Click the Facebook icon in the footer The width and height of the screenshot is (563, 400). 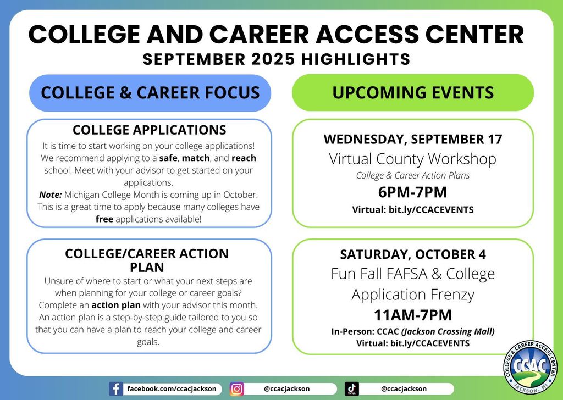tap(115, 389)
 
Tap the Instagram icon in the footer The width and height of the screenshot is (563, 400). tap(237, 389)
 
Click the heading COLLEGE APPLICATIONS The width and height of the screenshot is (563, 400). tap(150, 130)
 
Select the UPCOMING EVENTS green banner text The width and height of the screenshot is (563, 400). tap(413, 92)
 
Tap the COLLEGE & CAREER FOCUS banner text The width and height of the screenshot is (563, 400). tap(150, 92)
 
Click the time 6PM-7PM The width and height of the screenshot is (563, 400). tap(412, 193)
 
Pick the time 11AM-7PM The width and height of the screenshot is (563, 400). tap(413, 315)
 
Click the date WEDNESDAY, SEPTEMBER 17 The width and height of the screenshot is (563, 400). tap(413, 140)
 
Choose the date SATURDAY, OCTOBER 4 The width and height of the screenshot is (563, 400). tap(413, 254)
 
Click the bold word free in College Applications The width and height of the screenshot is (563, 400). tap(104, 219)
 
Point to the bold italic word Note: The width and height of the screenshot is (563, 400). tap(51, 195)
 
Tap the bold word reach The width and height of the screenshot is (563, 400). tap(244, 158)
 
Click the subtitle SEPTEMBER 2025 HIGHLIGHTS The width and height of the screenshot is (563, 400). tap(277, 59)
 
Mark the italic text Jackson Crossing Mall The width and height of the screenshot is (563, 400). tap(448, 332)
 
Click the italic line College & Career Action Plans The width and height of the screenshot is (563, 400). tap(413, 176)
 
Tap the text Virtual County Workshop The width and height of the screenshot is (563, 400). tap(413, 159)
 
